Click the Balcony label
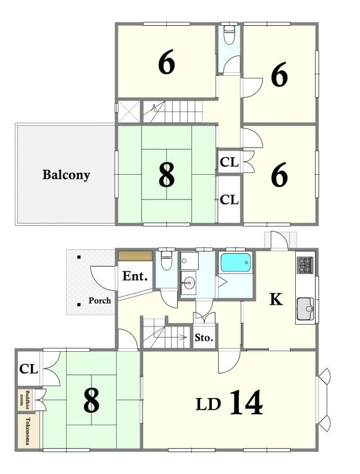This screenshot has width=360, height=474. (x=66, y=175)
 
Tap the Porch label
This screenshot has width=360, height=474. (x=99, y=301)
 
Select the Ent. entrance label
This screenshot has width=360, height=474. (x=135, y=276)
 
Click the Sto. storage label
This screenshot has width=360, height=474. (x=204, y=338)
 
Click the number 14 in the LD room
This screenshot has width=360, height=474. (x=246, y=402)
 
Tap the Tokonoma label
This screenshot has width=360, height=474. (x=28, y=431)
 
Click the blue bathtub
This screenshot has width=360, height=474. (x=236, y=262)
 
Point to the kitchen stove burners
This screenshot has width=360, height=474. (x=304, y=265)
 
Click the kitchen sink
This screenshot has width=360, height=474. (x=305, y=309)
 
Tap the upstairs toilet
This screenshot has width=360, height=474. (x=229, y=35)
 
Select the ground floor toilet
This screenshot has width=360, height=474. (x=167, y=260)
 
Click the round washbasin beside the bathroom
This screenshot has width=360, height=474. (x=190, y=283)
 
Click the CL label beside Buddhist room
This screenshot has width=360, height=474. (x=28, y=369)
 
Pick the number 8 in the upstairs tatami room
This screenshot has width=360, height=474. (x=166, y=175)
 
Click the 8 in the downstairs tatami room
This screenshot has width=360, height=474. (x=91, y=400)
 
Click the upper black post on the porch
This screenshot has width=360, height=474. (x=79, y=257)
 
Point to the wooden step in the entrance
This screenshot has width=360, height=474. (x=135, y=256)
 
